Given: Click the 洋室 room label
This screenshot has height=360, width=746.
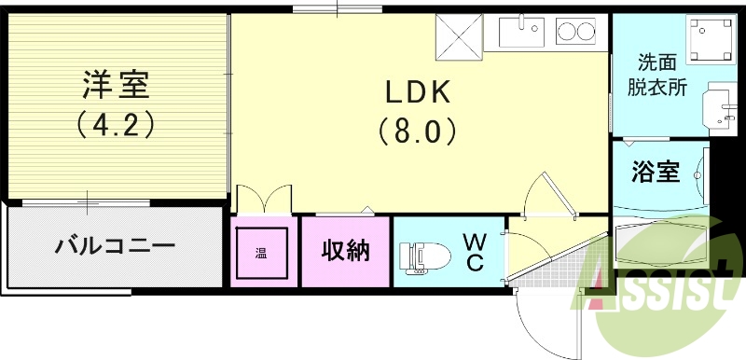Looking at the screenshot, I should [x=116, y=86].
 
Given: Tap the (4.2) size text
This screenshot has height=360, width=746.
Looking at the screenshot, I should [x=116, y=122].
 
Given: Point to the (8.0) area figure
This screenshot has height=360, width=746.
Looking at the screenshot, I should [x=418, y=130].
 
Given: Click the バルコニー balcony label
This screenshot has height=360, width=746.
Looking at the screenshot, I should [x=115, y=247].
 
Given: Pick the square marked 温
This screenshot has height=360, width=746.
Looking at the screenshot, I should [x=262, y=251].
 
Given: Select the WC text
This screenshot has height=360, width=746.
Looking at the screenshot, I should [x=475, y=252].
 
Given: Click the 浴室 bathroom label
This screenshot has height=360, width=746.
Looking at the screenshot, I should [x=656, y=172].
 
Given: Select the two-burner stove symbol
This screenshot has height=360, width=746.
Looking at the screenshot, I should [x=576, y=33].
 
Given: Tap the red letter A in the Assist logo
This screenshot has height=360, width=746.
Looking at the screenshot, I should [x=600, y=291].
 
